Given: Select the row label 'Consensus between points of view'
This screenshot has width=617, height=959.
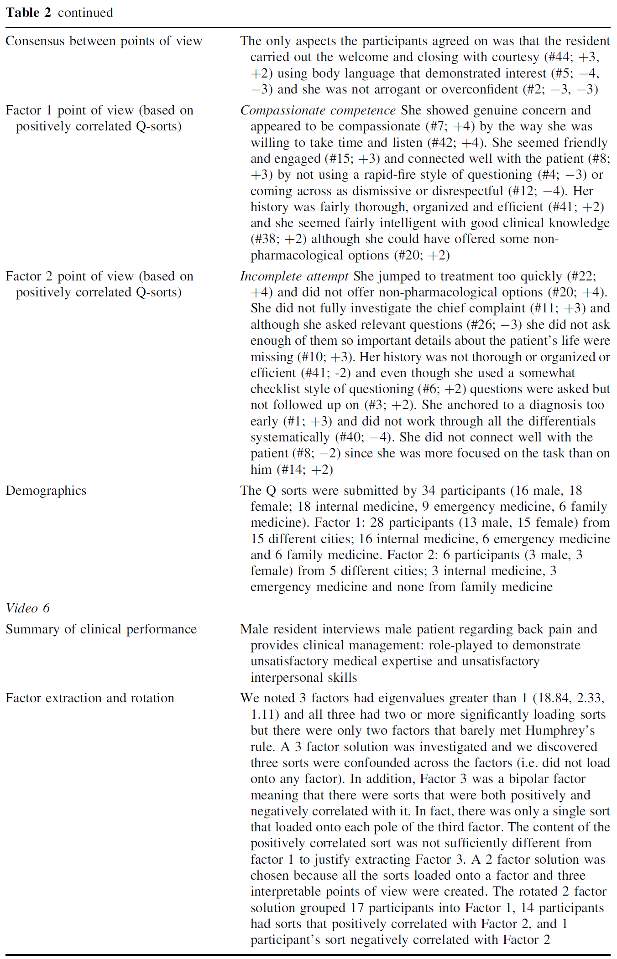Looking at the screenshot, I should pos(104,41).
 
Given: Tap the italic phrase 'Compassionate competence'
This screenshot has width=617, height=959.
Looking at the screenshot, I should pos(318,110).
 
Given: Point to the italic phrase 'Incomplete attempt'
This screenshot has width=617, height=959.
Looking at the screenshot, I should pos(294,276).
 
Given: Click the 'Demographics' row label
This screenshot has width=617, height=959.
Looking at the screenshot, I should pos(46,491).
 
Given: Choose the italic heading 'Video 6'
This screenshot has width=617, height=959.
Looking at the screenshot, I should pos(27,608).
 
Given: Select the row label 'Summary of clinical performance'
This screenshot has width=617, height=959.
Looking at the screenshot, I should pos(101,629).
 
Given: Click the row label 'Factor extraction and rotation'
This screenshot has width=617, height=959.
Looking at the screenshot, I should pos(90,698).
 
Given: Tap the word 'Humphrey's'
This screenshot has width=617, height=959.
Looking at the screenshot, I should pos(560,731).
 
